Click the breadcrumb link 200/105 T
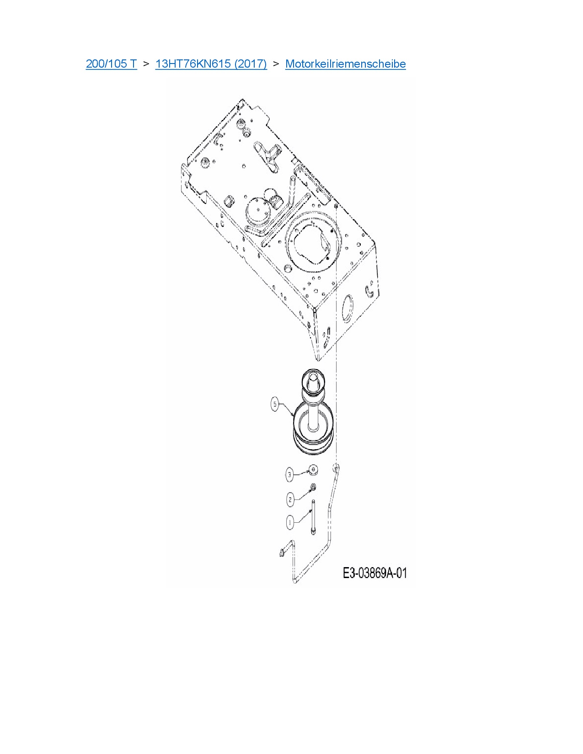(111, 64)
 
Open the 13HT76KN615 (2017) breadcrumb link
(211, 64)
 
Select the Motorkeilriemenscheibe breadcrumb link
(345, 64)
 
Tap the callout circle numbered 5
(275, 404)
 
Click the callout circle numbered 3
(289, 474)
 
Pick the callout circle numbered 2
(290, 499)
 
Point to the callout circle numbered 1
(289, 522)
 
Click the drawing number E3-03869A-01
(374, 573)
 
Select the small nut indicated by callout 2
(313, 487)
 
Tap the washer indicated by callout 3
(313, 469)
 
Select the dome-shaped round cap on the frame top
(257, 210)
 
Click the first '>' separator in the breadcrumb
(146, 64)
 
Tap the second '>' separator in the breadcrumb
(276, 64)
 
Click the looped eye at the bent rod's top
(336, 467)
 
